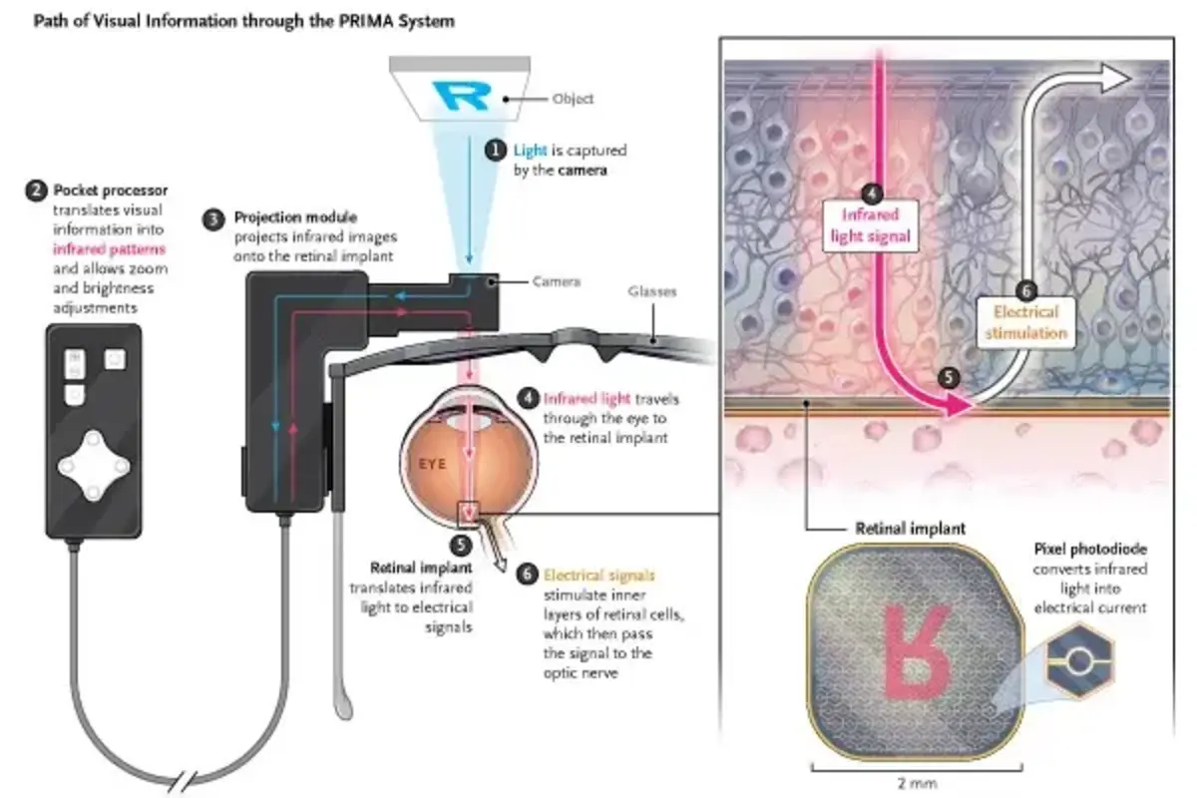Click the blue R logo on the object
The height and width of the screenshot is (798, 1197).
coord(462,96)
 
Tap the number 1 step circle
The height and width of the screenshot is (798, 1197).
coord(495,151)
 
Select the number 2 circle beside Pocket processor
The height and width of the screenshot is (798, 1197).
coord(37,190)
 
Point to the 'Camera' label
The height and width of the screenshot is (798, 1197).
coord(556,282)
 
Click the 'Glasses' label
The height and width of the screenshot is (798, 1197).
coord(652,292)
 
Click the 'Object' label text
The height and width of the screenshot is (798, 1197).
coord(573,99)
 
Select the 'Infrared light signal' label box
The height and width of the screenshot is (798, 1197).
coord(871,224)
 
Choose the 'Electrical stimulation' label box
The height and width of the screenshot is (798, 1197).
coord(1026,322)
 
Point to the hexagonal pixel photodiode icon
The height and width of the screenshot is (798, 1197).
coord(1080,659)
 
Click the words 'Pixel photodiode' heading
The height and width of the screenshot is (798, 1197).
coord(1090,550)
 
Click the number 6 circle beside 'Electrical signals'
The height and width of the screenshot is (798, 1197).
coord(527,575)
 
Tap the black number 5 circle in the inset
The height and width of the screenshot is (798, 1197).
coord(949,377)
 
